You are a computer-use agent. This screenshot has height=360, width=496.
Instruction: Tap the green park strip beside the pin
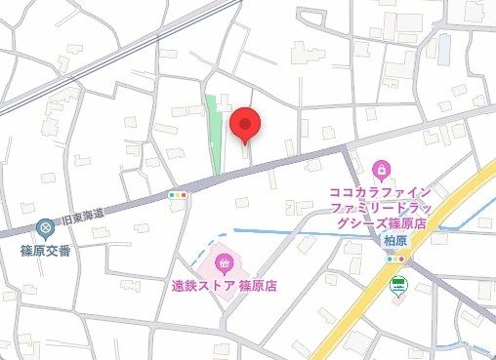214,137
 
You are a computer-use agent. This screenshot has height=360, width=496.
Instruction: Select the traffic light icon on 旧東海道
177,194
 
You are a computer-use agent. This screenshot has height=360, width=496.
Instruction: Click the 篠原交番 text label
46,249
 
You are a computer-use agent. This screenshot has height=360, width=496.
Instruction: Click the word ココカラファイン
381,191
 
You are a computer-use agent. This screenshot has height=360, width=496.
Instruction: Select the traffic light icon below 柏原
395,258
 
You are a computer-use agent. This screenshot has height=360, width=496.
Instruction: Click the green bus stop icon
397,286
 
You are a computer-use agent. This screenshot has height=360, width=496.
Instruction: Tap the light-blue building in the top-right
444,45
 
